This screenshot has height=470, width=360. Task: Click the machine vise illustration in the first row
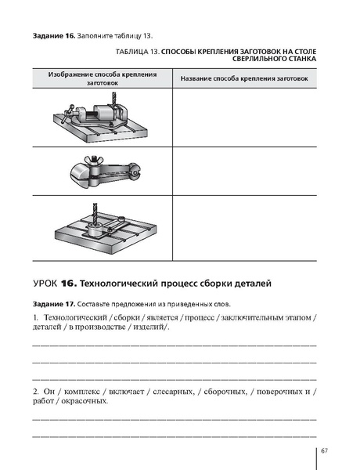[97, 118]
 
